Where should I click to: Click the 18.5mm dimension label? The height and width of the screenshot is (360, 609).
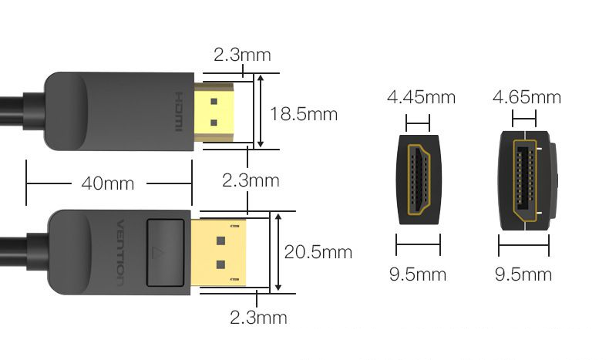click(x=303, y=114)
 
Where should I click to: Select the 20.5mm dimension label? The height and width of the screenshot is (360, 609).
click(x=318, y=252)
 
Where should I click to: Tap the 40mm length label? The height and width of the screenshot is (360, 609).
click(x=108, y=183)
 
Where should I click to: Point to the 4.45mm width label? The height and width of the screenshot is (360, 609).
click(x=421, y=96)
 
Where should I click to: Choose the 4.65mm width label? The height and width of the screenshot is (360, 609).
click(x=527, y=96)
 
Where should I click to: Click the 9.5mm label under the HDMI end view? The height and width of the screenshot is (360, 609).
click(x=418, y=274)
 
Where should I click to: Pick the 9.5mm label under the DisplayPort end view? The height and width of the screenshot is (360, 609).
click(x=523, y=274)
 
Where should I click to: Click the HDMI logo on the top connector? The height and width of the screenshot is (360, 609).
click(x=179, y=112)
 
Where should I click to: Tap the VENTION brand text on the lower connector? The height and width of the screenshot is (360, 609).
click(x=121, y=253)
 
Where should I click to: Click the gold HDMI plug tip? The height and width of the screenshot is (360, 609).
click(x=214, y=113)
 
